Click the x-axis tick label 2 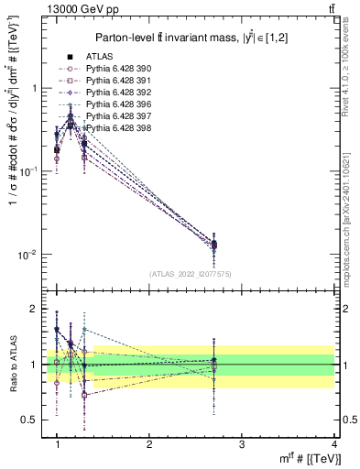click(149, 443)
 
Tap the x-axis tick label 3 click(241, 443)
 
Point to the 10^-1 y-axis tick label click(27, 171)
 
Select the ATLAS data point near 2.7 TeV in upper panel click(213, 244)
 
